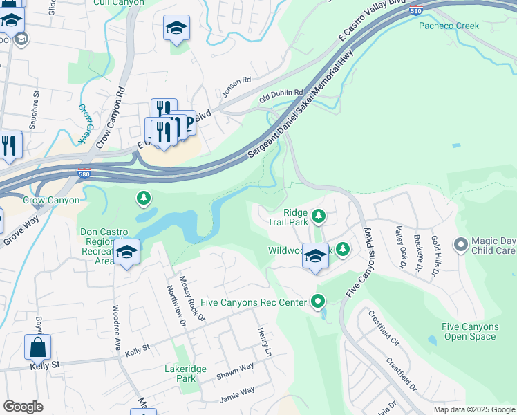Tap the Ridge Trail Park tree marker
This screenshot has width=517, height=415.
319,216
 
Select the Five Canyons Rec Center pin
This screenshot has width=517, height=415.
318,302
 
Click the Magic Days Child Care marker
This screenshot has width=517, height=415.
461,244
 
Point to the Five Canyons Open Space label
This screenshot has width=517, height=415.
470,331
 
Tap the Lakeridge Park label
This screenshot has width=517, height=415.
185,373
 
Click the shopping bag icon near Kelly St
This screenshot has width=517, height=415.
37,347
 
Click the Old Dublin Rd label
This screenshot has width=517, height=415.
281,93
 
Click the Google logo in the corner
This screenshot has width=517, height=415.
23,407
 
